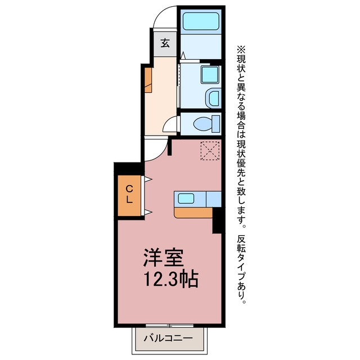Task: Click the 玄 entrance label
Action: (x=165, y=43)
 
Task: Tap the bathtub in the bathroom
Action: (x=201, y=21)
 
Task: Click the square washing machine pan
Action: (x=210, y=75)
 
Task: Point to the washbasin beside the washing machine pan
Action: (x=213, y=98)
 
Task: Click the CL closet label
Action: (x=129, y=195)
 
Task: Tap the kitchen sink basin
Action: (x=186, y=198)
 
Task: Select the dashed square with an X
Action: (x=210, y=151)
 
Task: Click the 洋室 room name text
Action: (x=164, y=257)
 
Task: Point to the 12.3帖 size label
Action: (x=171, y=279)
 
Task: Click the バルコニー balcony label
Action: (x=168, y=338)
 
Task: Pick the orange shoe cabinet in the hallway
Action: (x=148, y=80)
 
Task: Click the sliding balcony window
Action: (x=170, y=325)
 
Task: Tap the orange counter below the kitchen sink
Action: (x=193, y=213)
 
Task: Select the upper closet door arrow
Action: (x=148, y=179)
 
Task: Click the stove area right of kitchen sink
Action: (x=214, y=199)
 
